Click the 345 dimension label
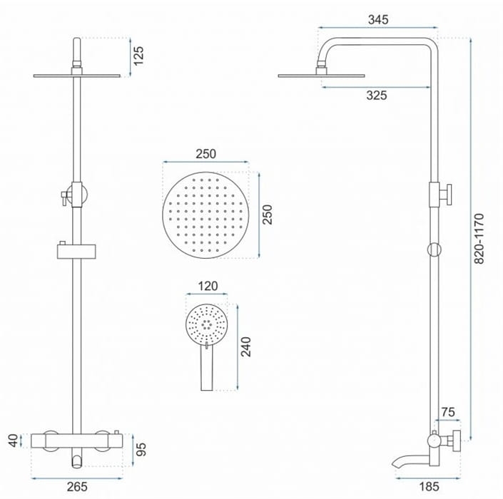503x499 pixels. pyautogui.click(x=378, y=19)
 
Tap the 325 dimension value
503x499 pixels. pyautogui.click(x=377, y=96)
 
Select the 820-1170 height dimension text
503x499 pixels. pyautogui.click(x=479, y=238)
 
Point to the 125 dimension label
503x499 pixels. pyautogui.click(x=138, y=56)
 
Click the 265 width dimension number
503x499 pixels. pyautogui.click(x=77, y=486)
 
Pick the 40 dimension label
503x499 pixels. pyautogui.click(x=13, y=441)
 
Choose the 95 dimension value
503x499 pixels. pyautogui.click(x=141, y=449)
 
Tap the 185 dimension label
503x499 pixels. pyautogui.click(x=429, y=486)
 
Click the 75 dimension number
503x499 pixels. pyautogui.click(x=448, y=412)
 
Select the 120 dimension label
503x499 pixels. pyautogui.click(x=208, y=286)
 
